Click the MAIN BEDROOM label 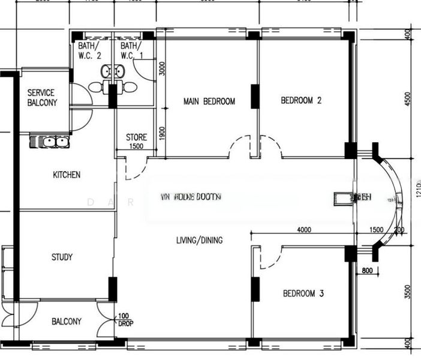[x=209, y=101]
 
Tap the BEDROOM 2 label [x=301, y=101]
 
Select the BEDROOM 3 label [x=303, y=293]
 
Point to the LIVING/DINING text [x=199, y=241]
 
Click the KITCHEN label [x=67, y=175]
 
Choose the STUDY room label [x=62, y=257]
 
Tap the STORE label [x=136, y=137]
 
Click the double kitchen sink [x=52, y=142]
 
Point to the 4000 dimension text [x=303, y=230]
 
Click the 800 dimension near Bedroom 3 [x=368, y=271]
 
